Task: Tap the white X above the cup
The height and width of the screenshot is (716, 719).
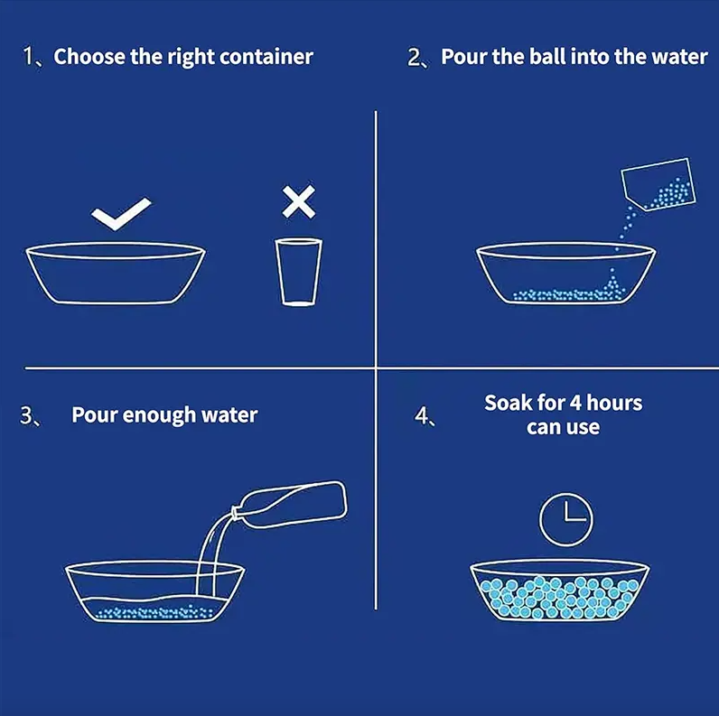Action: point(298,201)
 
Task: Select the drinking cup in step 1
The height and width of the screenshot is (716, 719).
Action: point(298,272)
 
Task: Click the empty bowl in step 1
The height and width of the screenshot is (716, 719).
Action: point(115,274)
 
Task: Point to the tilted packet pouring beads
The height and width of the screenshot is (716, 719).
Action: point(658,183)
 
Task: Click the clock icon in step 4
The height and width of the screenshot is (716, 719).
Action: point(565,520)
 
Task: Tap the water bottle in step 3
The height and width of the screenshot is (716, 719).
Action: point(290,505)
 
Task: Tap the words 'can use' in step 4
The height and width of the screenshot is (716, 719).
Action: point(563,428)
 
